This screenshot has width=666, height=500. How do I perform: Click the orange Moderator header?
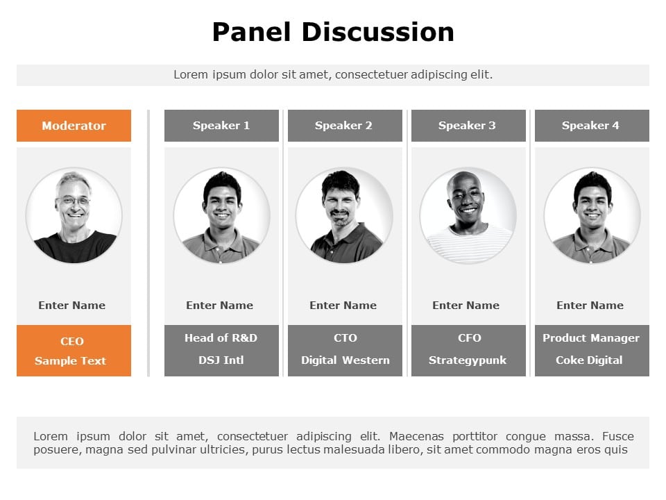[x=74, y=126]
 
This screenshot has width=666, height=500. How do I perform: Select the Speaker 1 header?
[x=222, y=126]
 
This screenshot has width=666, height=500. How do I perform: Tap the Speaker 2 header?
[x=345, y=126]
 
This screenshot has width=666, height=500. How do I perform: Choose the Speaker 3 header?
[x=468, y=126]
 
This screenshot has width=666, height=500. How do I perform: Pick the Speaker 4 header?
[x=592, y=126]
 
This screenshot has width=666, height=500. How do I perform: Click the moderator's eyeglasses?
[x=74, y=201]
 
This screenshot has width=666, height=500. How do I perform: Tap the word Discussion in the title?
[x=377, y=33]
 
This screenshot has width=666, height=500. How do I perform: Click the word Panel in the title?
[x=251, y=33]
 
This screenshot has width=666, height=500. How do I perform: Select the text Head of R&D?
[x=221, y=338]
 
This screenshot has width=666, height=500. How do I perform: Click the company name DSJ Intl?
[x=221, y=360]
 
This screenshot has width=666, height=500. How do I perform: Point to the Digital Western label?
[x=345, y=360]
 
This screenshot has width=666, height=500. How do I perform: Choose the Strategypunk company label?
[x=468, y=360]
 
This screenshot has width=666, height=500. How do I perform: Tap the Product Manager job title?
[x=591, y=338]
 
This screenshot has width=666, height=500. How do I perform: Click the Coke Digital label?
[x=589, y=360]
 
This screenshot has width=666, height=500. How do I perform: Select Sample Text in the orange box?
[x=70, y=361]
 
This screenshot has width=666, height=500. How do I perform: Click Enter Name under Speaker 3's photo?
[x=466, y=306]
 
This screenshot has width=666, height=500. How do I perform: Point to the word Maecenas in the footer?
[x=416, y=436]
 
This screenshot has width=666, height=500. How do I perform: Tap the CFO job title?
[x=470, y=338]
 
